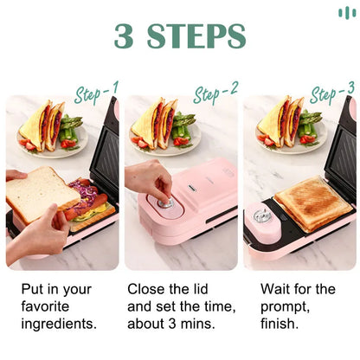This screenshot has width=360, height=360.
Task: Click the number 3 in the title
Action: (126, 36)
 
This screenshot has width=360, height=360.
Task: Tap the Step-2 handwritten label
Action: (215, 93)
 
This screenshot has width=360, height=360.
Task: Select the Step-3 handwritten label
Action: (332, 93)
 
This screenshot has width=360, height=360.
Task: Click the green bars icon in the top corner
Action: (347, 12)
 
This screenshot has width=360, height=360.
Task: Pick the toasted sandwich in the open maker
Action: (312, 203)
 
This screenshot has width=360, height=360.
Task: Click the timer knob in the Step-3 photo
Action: (260, 215)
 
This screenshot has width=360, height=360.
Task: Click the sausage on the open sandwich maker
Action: (89, 205)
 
